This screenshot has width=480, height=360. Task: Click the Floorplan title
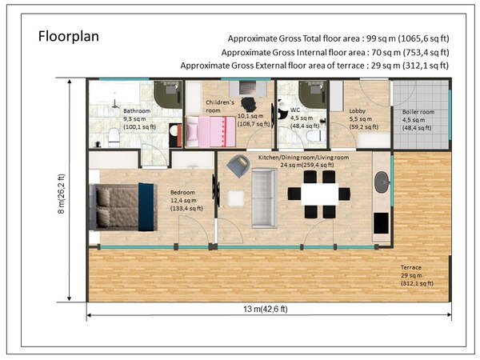69,37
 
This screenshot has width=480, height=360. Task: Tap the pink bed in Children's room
210,132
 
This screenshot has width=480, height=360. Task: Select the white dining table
320,194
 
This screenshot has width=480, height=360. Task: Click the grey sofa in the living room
265,198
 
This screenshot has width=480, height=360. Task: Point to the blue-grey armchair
238,166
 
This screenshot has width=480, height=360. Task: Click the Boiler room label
418,112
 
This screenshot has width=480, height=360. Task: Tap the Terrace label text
411,267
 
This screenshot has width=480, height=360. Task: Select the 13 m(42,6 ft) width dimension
266,309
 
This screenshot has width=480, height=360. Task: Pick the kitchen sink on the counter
382,182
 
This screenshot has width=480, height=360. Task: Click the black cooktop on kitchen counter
381,223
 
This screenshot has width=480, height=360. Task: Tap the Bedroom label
182,193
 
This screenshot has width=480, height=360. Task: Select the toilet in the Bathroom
114,137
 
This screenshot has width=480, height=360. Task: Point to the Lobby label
358,111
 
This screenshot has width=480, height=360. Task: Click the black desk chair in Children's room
249,105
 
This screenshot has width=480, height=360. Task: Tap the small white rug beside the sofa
236,198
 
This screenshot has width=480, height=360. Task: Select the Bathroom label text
137,111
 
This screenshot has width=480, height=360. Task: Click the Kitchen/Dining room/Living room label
304,158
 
